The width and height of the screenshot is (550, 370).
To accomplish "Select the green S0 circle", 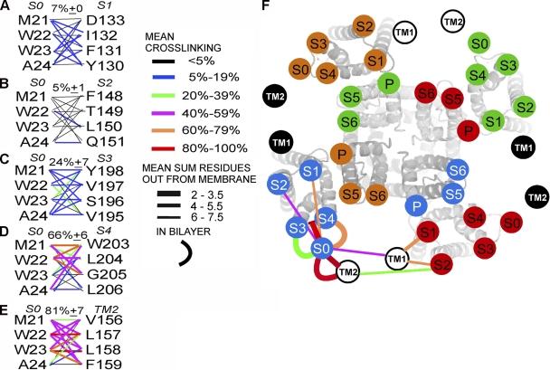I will tap(482, 42).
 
